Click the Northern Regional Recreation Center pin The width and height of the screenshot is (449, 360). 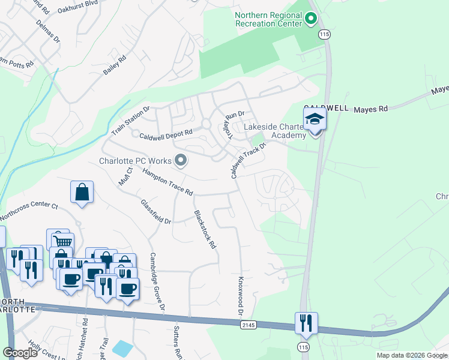pos(311,19)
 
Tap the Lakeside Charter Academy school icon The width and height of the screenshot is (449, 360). pos(314,119)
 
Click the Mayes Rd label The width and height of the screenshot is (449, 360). pos(371,109)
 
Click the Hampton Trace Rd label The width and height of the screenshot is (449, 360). pos(167,182)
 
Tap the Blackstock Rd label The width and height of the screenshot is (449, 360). pos(204,229)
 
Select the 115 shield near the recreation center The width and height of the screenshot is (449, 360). pos(325,35)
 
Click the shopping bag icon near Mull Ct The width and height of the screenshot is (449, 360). pos(82,193)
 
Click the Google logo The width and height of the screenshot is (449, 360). pos(20,353)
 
